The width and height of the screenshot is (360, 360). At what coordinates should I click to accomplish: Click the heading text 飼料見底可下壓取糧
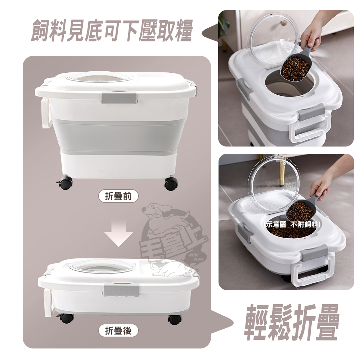pyautogui.click(x=112, y=31)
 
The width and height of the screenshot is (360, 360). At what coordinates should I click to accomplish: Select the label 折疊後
pyautogui.click(x=118, y=331)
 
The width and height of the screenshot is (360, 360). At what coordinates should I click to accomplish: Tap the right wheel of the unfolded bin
pyautogui.click(x=171, y=184)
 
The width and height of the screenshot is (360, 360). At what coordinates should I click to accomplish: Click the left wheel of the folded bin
pyautogui.click(x=66, y=318)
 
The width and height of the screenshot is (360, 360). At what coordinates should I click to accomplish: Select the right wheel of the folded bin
pyautogui.click(x=174, y=319)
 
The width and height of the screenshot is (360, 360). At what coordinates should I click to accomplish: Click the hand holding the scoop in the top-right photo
pyautogui.click(x=310, y=34)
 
